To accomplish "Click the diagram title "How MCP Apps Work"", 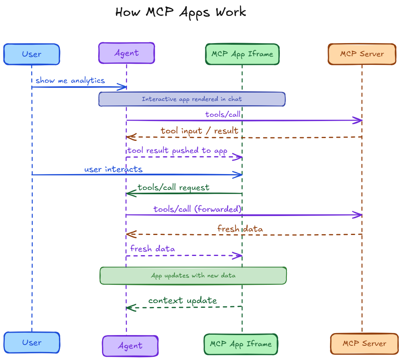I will [180, 12].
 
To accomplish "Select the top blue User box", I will [32, 54].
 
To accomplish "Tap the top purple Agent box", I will [127, 53].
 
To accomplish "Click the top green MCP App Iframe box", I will [242, 54].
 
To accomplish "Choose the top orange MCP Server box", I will [362, 54].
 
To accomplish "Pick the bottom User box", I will [32, 343].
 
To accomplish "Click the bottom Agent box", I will [130, 346].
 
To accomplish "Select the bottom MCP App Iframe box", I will [241, 344].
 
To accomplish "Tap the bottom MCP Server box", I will [364, 344].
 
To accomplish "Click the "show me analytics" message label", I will [70, 80].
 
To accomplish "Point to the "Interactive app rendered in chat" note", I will [192, 99].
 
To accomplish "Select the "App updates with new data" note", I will [193, 275].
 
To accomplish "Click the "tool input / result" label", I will [199, 130].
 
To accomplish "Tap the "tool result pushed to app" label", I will [177, 151].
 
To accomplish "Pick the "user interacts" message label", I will [113, 169].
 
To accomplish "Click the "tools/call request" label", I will [173, 187].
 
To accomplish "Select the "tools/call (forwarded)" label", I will [197, 209].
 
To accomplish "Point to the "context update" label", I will [182, 301].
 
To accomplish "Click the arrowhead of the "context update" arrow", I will [128, 307].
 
